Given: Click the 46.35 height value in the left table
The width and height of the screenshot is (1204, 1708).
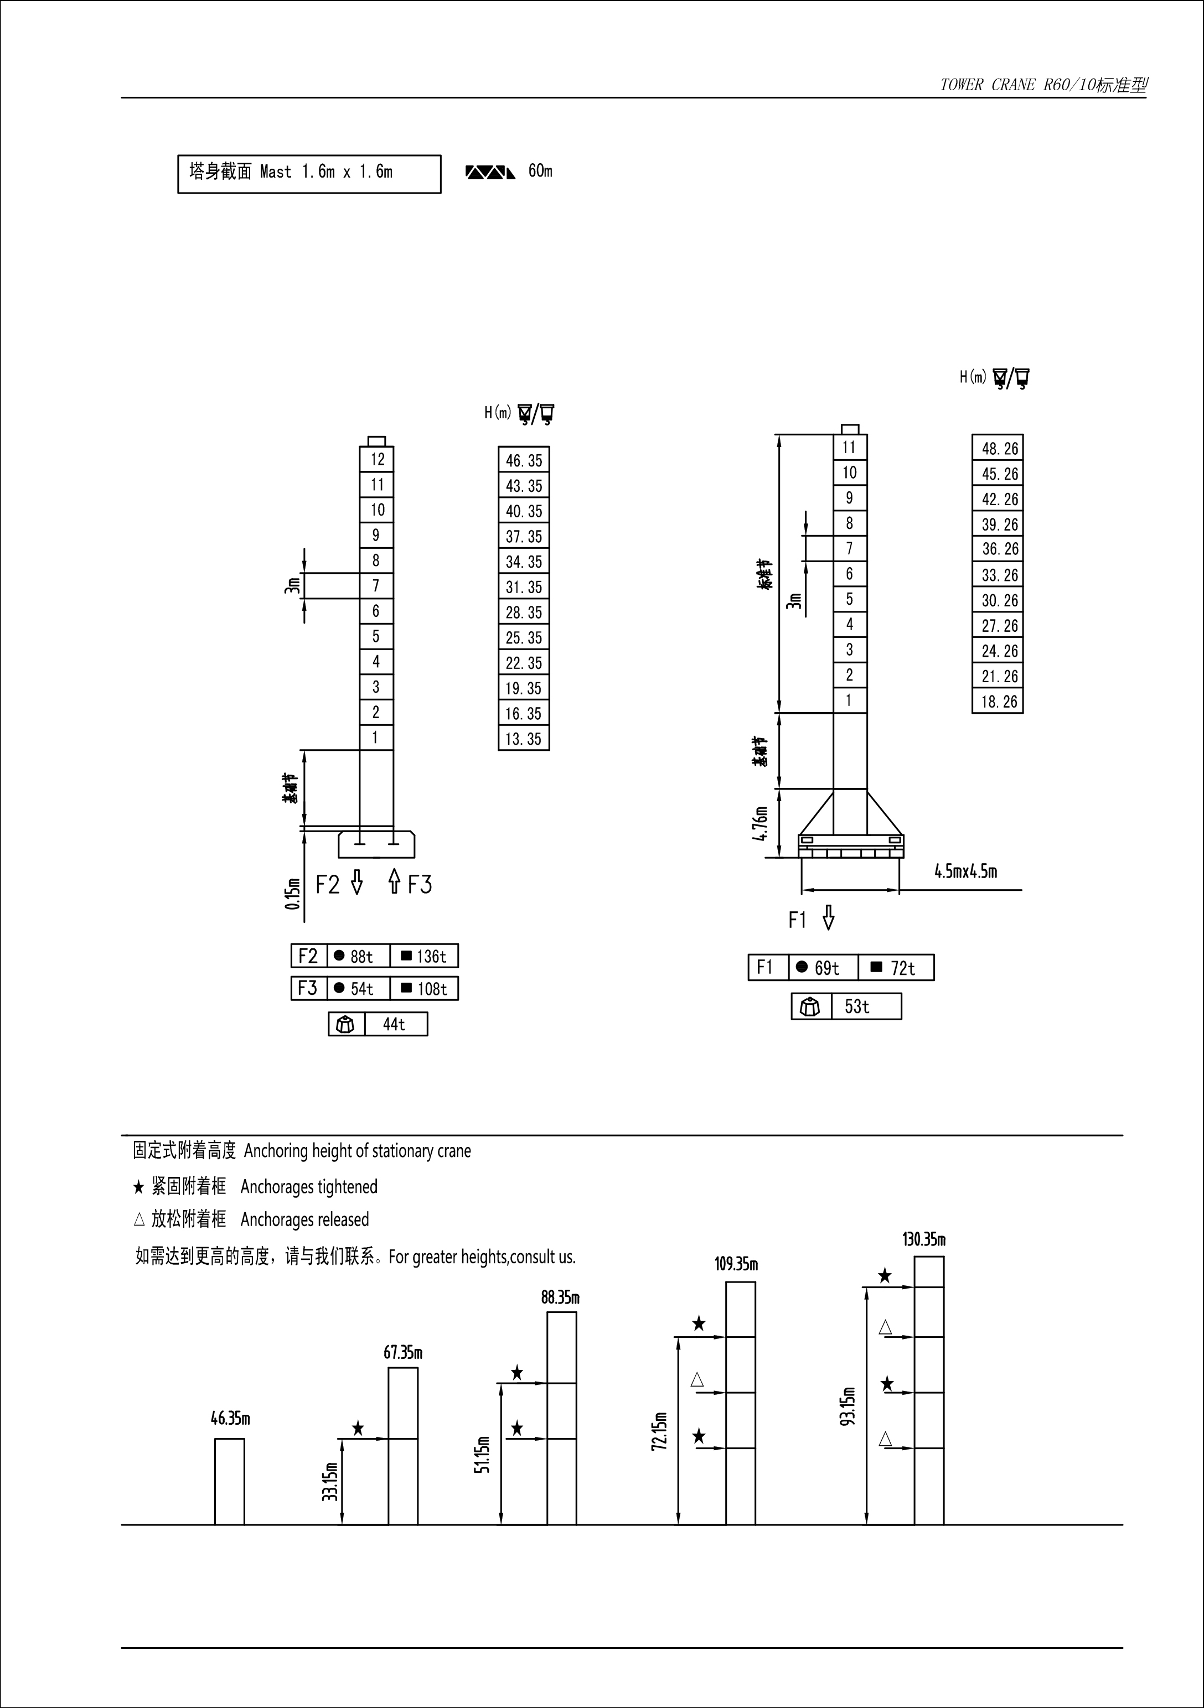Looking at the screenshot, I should tap(524, 460).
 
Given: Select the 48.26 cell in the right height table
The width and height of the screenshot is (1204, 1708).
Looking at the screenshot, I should tap(999, 449).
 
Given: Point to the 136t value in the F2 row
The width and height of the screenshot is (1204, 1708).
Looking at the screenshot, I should tap(424, 956).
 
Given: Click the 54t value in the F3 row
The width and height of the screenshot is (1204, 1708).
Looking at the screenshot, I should tap(358, 989).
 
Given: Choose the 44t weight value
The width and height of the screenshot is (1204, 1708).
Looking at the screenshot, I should tap(394, 1024).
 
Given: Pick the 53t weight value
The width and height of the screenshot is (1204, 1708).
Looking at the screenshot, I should tap(856, 1006).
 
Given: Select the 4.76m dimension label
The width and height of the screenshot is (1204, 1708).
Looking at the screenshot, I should tap(759, 823).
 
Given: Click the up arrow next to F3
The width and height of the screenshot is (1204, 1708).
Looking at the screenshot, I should tap(394, 882).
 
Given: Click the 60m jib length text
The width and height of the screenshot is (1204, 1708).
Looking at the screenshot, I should tap(540, 171).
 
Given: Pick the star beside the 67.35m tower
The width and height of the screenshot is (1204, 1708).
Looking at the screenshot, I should tap(358, 1428).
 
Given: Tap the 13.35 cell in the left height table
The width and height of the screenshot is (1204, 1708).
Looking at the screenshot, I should tap(524, 739).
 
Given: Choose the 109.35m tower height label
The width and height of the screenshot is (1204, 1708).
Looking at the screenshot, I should tap(736, 1265).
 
